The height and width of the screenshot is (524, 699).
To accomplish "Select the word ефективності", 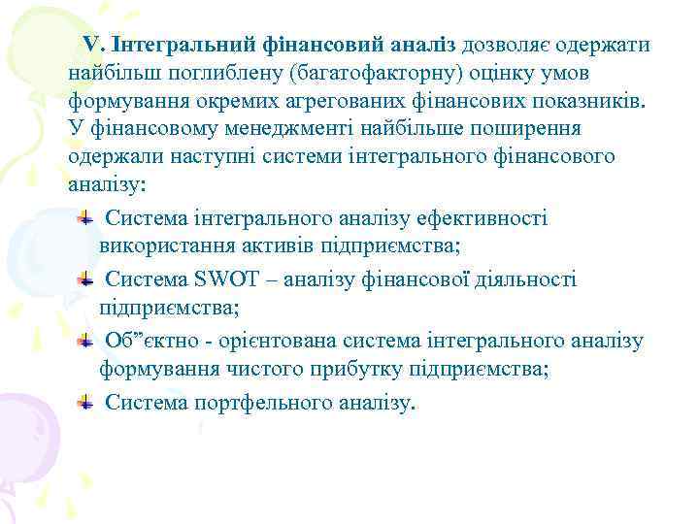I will (x=483, y=218).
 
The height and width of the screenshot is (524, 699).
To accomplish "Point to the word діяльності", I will (x=528, y=280).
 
